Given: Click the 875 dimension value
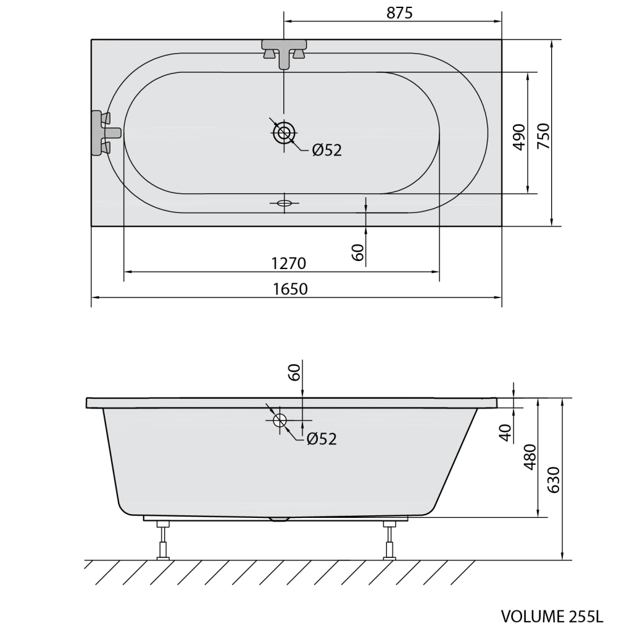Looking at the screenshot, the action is pyautogui.click(x=399, y=13).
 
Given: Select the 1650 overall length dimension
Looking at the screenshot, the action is pyautogui.click(x=290, y=289).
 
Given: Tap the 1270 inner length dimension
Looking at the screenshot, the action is pyautogui.click(x=289, y=264).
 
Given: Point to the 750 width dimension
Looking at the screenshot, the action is pyautogui.click(x=544, y=136).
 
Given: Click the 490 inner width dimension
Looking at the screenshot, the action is pyautogui.click(x=520, y=138).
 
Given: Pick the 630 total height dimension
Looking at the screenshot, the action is pyautogui.click(x=554, y=480).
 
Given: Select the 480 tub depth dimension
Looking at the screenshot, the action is pyautogui.click(x=530, y=457).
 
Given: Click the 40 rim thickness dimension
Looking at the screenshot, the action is pyautogui.click(x=505, y=433).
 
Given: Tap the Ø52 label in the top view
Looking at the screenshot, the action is pyautogui.click(x=327, y=151).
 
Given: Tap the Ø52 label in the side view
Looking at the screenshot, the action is pyautogui.click(x=322, y=439).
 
